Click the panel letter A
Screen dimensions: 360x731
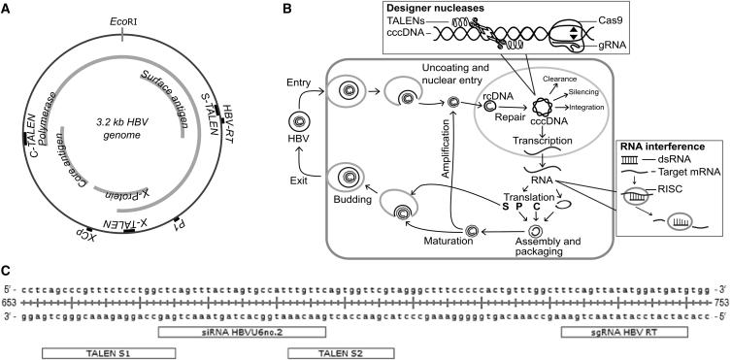click(x=8, y=9)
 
